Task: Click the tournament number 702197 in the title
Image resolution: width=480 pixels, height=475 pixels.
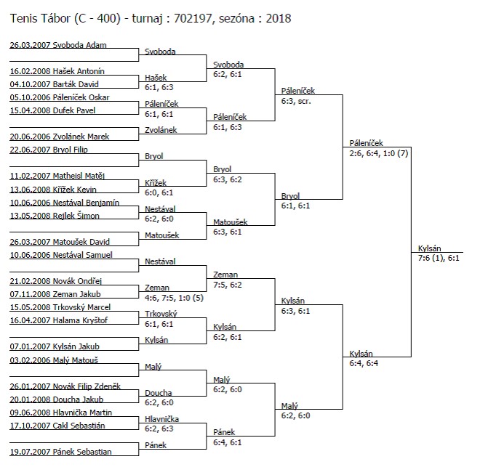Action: tap(193, 19)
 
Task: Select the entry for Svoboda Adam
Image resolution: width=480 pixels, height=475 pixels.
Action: tap(58, 45)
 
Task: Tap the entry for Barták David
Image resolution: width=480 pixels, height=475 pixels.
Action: tap(55, 84)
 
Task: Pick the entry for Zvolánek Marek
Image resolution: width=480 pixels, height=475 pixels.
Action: tap(60, 137)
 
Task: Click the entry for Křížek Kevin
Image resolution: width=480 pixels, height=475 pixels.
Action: tap(53, 190)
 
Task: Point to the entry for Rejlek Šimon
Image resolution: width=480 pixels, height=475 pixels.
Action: tap(55, 216)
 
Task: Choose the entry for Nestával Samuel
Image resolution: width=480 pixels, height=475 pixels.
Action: tap(61, 255)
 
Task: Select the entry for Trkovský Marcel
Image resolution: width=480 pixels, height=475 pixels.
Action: tap(60, 307)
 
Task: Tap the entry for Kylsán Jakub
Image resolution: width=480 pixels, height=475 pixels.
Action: tap(55, 346)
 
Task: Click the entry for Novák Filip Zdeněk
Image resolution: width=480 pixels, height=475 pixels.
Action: tap(65, 386)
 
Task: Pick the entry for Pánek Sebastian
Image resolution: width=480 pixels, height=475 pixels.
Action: tap(60, 452)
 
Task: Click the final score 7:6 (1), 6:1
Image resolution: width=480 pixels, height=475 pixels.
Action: tap(439, 258)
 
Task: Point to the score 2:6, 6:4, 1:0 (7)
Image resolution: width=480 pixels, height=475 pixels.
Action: tap(379, 153)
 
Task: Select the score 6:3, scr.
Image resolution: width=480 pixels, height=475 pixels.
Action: tap(296, 101)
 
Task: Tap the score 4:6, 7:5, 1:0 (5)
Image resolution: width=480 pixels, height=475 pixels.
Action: tap(175, 298)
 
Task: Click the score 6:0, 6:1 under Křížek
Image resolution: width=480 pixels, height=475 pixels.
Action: tap(159, 192)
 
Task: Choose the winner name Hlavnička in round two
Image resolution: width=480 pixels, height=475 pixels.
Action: tap(161, 419)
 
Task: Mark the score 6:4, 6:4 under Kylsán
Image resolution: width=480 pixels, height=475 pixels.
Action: tap(364, 363)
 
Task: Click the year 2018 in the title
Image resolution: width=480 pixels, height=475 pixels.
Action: tap(279, 19)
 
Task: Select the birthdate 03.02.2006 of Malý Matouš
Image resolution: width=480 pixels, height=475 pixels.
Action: tap(30, 360)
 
